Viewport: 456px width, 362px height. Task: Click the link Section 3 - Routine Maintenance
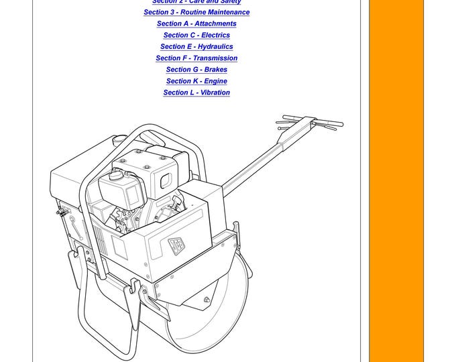(x=196, y=12)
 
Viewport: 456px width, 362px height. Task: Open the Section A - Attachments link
(x=196, y=23)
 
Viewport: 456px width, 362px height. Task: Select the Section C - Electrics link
(x=196, y=35)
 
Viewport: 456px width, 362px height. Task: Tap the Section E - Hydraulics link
(x=196, y=46)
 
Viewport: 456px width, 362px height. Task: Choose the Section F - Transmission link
(x=196, y=58)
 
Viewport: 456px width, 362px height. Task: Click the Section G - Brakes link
(x=196, y=69)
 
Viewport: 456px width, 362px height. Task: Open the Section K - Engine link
(x=196, y=81)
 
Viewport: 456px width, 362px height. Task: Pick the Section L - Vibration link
(x=196, y=93)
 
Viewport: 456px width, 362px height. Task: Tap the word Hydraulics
(x=215, y=46)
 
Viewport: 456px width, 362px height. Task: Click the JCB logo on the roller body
(x=176, y=244)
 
